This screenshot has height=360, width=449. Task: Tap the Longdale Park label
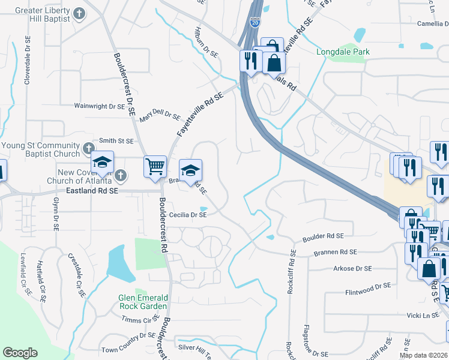343,52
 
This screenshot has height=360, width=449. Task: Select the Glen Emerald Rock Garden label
143,302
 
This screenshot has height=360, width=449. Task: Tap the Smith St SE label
116,141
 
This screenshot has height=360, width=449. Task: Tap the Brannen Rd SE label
336,253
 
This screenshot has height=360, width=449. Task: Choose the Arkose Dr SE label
352,269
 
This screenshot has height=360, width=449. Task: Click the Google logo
20,353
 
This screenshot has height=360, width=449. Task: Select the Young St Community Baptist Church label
41,150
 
